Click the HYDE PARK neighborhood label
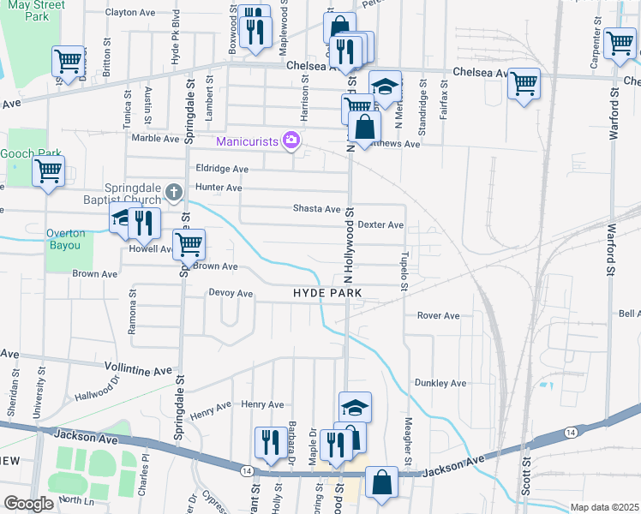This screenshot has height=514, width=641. pyautogui.click(x=327, y=293)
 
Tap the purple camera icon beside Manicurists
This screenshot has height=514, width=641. pyautogui.click(x=292, y=140)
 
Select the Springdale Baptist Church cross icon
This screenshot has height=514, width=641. pyautogui.click(x=174, y=193)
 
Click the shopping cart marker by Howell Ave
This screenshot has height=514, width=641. pyautogui.click(x=189, y=243)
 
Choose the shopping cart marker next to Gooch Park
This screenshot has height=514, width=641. pyautogui.click(x=48, y=170)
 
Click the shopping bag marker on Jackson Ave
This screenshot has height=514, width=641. pyautogui.click(x=381, y=482)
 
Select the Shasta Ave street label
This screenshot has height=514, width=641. pyautogui.click(x=317, y=209)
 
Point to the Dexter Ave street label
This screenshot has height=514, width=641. pyautogui.click(x=380, y=225)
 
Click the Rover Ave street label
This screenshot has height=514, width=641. pyautogui.click(x=438, y=316)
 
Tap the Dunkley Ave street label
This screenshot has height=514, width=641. pyautogui.click(x=440, y=383)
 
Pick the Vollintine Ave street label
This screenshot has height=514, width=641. pyautogui.click(x=138, y=370)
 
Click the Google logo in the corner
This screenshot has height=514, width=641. pyautogui.click(x=28, y=504)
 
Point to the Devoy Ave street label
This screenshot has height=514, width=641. pyautogui.click(x=231, y=294)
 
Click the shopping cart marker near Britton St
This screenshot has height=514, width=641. pyautogui.click(x=68, y=60)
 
